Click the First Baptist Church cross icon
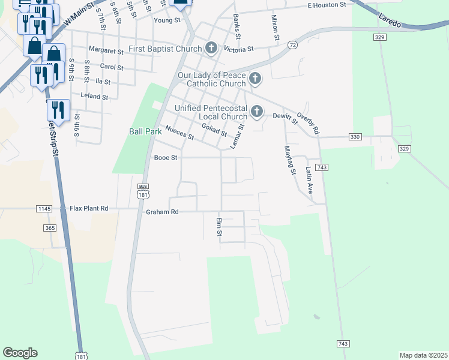pyautogui.click(x=211, y=48)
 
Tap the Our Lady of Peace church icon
pyautogui.click(x=256, y=79)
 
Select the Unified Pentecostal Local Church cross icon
pyautogui.click(x=257, y=112)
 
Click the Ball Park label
pyautogui.click(x=142, y=131)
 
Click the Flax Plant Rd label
pyautogui.click(x=89, y=208)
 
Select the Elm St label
pyautogui.click(x=219, y=226)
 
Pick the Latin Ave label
pyautogui.click(x=310, y=181)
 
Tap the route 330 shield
pyautogui.click(x=355, y=137)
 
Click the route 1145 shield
pyautogui.click(x=44, y=208)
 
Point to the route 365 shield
pyautogui.click(x=50, y=228)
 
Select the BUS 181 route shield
pyautogui.click(x=143, y=191)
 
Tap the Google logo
pyautogui.click(x=20, y=353)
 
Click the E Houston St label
pyautogui.click(x=327, y=5)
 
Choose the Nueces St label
pyautogui.click(x=179, y=133)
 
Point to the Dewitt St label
pyautogui.click(x=285, y=118)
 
